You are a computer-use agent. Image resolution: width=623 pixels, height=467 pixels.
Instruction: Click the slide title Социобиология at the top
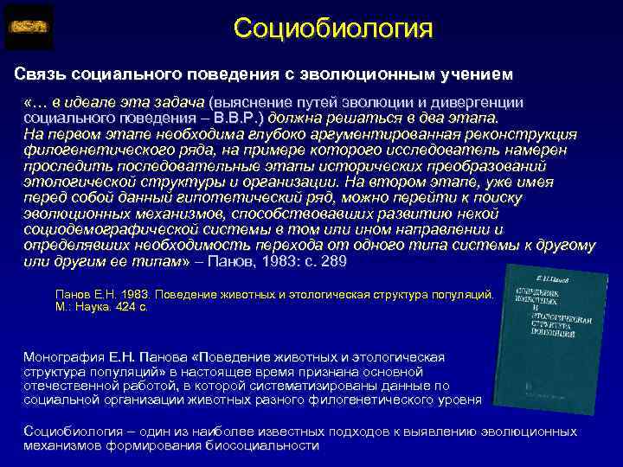tap(332, 28)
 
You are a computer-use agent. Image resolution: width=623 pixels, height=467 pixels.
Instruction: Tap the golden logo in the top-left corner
tap(29, 27)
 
